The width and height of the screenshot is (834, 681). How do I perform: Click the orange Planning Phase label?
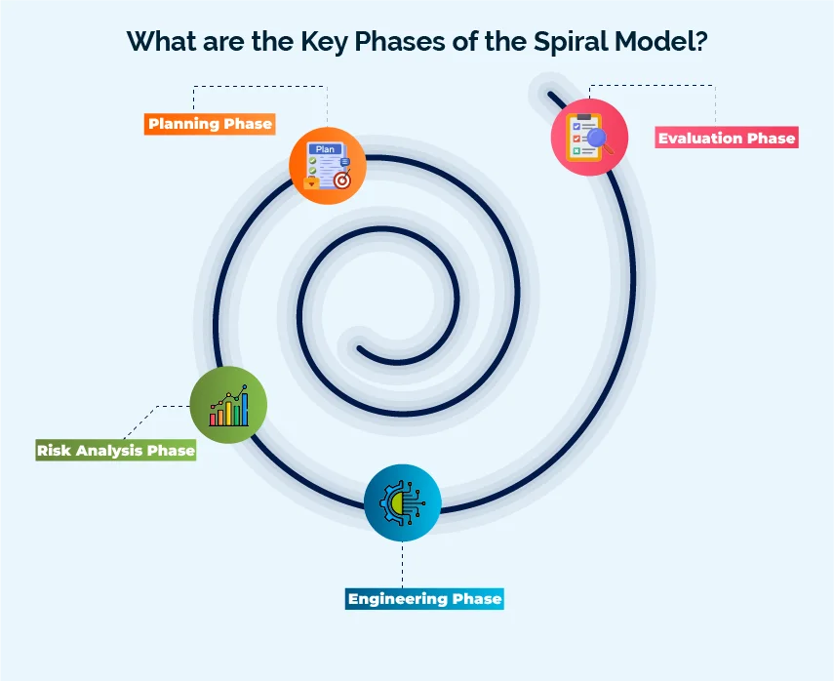210,124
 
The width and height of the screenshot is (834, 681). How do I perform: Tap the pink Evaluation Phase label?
726,138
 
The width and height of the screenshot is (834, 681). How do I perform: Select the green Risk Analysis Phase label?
116,451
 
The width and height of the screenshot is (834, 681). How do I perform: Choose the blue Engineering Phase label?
424,598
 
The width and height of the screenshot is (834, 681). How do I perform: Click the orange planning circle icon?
328,166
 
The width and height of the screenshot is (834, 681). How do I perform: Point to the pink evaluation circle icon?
589,137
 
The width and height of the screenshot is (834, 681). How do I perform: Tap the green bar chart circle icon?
228,405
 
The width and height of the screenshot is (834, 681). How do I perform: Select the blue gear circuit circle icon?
402,503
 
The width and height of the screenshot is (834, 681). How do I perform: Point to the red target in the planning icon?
341,180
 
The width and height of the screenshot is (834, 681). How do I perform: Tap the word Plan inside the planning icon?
325,149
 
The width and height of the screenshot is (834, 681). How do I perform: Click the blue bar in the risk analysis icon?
244,410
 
